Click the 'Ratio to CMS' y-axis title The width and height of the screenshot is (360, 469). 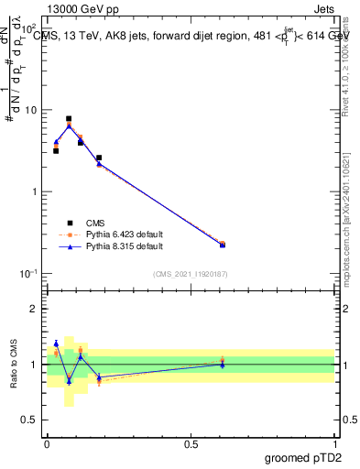coord(14,364)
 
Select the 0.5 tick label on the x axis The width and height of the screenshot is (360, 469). coord(190,443)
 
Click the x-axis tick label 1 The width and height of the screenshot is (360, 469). coord(334,443)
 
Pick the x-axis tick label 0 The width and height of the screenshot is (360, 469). coord(46,443)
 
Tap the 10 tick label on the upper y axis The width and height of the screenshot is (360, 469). coord(30,110)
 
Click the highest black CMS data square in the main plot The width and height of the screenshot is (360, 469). coord(69,119)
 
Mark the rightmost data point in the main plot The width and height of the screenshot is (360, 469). coord(223,245)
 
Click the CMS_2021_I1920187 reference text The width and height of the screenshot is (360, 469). coord(190,273)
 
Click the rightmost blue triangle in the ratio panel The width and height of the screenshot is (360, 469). coord(223,365)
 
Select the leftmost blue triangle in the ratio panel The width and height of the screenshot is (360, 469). coord(56,344)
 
